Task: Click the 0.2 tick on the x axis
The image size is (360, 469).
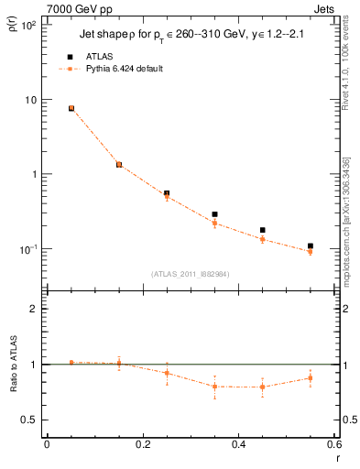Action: click(142, 444)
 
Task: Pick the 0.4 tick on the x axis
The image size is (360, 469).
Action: click(238, 444)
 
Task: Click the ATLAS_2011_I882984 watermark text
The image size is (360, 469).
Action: click(190, 273)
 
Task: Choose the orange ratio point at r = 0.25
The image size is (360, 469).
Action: click(167, 373)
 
